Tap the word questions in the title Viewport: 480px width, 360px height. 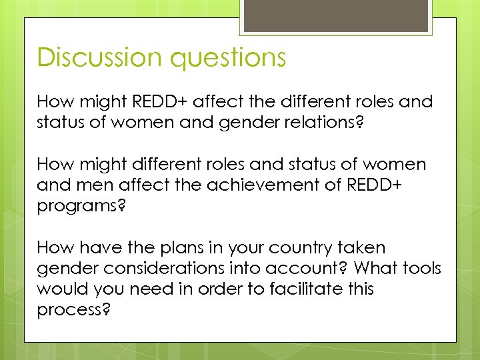(x=228, y=57)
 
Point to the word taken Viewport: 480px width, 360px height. (x=360, y=248)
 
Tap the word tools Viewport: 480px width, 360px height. (x=422, y=268)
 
